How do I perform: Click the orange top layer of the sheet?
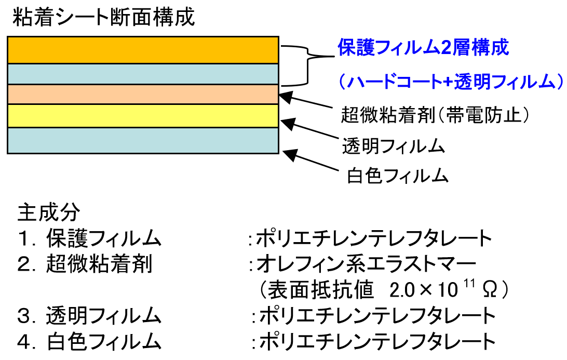point(143,50)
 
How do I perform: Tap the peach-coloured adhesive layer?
point(143,94)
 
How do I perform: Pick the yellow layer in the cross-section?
point(143,115)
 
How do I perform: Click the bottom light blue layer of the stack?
point(143,140)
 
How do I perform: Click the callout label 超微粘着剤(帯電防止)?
point(435,114)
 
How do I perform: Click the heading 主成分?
point(49,212)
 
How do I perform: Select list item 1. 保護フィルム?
point(88,238)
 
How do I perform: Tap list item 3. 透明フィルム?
point(88,315)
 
